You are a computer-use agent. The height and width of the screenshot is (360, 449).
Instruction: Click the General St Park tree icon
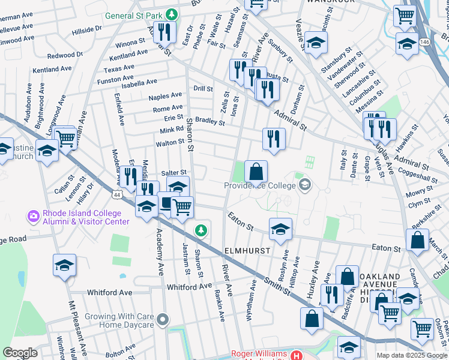(172, 14)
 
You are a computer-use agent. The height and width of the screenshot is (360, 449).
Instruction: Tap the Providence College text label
(262, 185)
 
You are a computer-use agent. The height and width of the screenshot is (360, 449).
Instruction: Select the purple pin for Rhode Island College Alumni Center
(33, 214)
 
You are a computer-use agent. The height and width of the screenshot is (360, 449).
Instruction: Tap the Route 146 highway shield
(425, 42)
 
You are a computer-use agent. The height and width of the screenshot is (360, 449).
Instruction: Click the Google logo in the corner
(20, 353)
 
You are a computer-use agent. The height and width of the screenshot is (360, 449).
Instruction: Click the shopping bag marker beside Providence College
(256, 171)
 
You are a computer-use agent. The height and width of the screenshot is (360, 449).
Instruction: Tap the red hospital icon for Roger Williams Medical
(295, 356)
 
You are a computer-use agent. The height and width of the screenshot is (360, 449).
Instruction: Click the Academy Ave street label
(160, 251)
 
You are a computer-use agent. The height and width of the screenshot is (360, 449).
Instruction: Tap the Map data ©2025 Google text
(411, 355)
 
